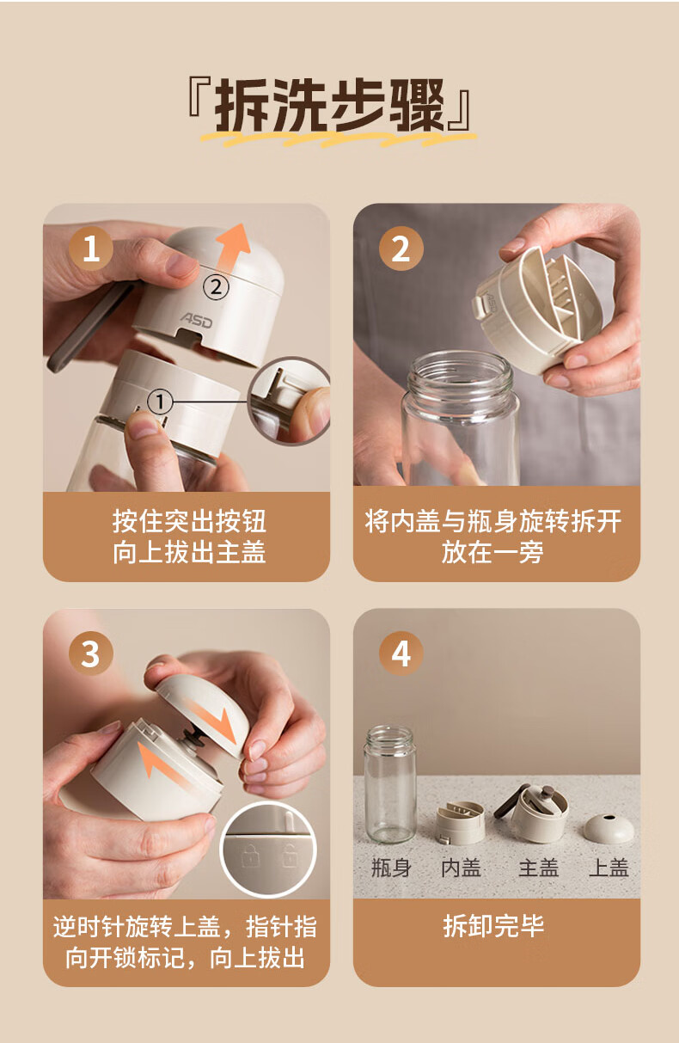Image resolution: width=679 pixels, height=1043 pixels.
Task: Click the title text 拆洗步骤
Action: (x=329, y=105)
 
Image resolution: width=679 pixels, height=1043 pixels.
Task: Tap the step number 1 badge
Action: (x=91, y=248)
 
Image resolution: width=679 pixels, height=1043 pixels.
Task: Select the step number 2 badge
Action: (x=401, y=248)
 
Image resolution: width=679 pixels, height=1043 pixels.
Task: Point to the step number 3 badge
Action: (x=91, y=653)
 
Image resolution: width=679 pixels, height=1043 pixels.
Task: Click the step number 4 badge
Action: (x=401, y=653)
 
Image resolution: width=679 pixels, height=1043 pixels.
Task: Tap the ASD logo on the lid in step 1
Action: (x=196, y=321)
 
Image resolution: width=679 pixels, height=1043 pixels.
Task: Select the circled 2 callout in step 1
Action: (x=216, y=287)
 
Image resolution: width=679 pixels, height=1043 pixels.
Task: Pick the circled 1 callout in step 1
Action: (x=160, y=402)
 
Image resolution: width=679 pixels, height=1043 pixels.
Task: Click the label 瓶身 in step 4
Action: (x=391, y=868)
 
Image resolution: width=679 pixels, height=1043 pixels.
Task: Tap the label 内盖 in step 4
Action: (x=461, y=868)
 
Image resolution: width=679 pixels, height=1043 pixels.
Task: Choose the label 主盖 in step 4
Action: (x=538, y=868)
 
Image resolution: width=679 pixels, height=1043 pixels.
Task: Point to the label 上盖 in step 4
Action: (x=609, y=868)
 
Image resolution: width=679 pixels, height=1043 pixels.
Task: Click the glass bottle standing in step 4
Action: (x=389, y=784)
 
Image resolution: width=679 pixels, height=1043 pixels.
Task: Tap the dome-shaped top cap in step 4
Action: (x=609, y=828)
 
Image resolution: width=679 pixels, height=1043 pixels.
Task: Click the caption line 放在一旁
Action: (x=492, y=553)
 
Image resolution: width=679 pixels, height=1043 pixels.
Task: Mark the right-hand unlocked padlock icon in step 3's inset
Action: (x=290, y=856)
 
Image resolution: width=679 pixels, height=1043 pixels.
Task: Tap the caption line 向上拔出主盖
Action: (x=189, y=553)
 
